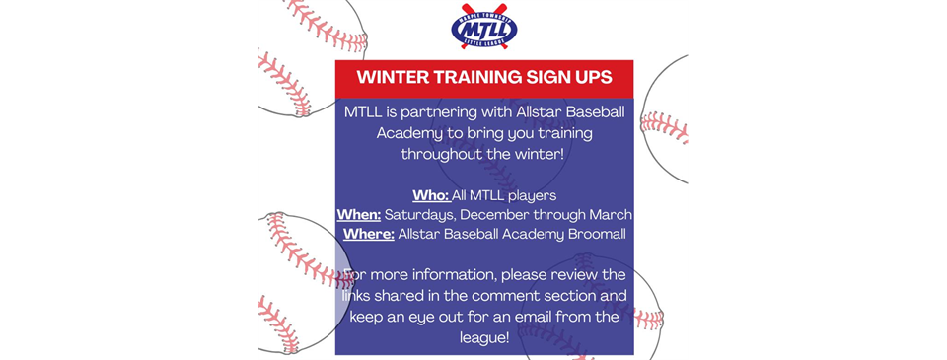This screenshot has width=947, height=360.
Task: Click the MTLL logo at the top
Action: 483,28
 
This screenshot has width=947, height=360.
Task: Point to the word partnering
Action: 436,112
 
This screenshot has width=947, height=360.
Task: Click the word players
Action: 531,195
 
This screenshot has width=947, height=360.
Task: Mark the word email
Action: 542,317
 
